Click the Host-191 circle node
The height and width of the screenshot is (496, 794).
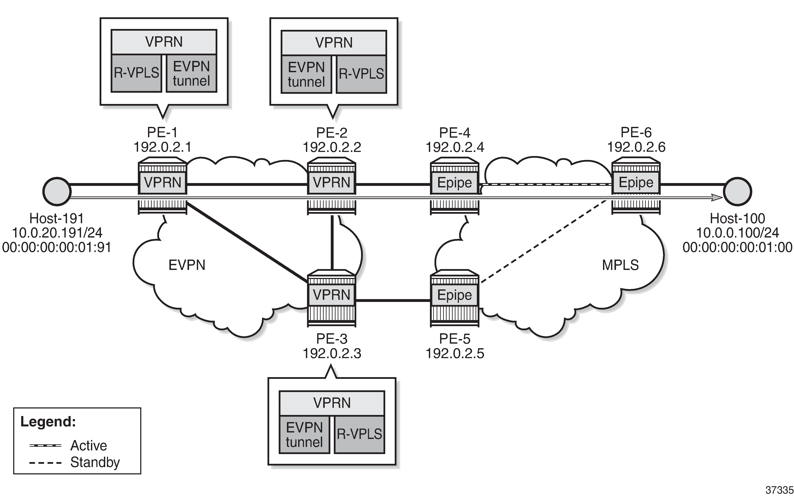pos(57,191)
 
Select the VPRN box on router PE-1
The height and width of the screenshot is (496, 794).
pos(163,182)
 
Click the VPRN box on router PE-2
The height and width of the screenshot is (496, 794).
pos(332,182)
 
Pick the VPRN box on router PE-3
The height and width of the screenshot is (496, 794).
pos(332,295)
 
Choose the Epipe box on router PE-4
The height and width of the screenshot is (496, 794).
pos(455,182)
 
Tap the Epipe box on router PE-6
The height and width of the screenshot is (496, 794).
pos(636,182)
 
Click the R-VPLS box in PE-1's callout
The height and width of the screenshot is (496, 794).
pos(136,73)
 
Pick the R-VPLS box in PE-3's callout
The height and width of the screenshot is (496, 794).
pos(360,434)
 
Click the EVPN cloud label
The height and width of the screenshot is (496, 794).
pos(187,265)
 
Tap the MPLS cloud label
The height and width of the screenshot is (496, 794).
pos(620,265)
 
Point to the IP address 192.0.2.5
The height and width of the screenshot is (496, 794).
pos(455,353)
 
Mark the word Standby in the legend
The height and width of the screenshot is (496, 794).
pos(95,462)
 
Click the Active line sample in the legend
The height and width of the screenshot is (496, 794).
pos(45,445)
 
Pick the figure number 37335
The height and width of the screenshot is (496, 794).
pos(779,490)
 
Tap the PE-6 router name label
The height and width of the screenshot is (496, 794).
pos(636,132)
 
